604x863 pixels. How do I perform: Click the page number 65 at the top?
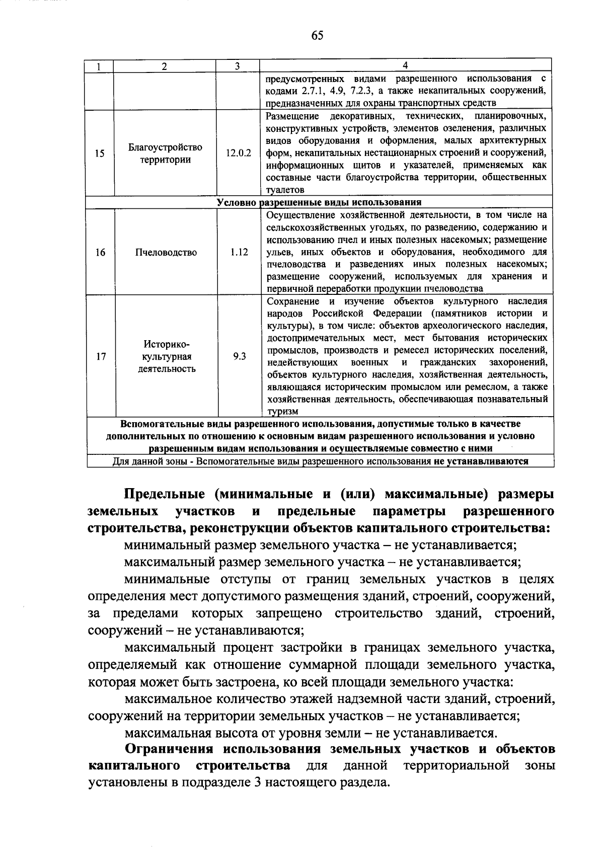coord(317,35)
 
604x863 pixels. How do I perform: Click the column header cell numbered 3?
coord(237,66)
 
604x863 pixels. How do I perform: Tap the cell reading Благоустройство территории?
coord(165,153)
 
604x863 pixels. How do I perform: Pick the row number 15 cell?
coord(100,153)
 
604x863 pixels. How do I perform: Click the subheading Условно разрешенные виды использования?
coord(319,202)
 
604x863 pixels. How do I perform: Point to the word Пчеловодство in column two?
coord(166,252)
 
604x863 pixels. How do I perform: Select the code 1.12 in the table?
coord(239,252)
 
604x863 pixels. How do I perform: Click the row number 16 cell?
coord(100,252)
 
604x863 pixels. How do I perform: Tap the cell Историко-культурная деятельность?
coord(167,356)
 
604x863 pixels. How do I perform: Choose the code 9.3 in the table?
coord(240,356)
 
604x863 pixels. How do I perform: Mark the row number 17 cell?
coord(101,356)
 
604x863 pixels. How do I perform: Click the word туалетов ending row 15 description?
coord(285,190)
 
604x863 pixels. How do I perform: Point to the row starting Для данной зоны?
coord(320,461)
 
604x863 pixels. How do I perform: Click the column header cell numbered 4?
coord(405,66)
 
